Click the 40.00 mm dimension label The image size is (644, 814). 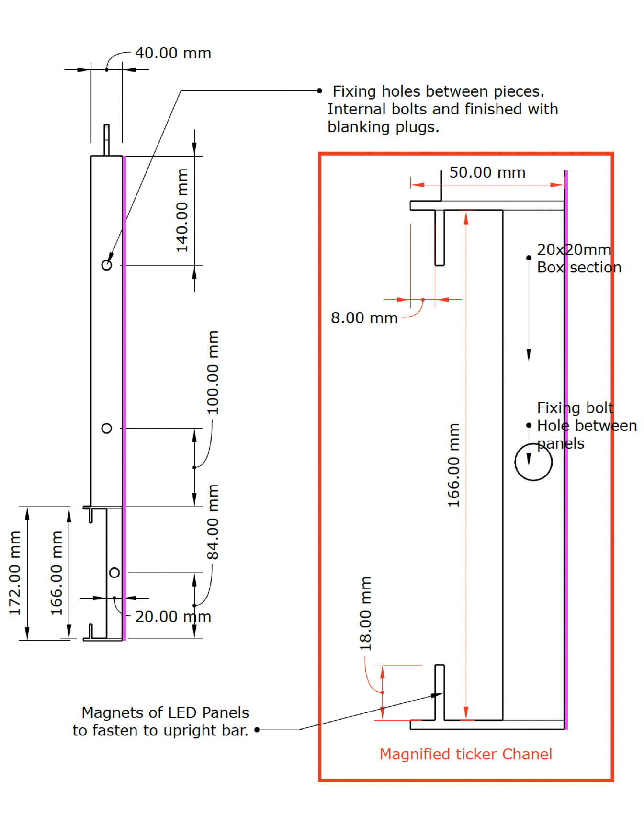coord(173,53)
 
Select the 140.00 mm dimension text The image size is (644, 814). coord(182,210)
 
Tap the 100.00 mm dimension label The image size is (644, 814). coord(213,372)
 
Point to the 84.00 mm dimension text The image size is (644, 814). coord(213,522)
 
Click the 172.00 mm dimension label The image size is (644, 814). coord(15,573)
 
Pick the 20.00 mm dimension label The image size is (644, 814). coord(173,617)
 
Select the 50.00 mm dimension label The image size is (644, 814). coord(487,172)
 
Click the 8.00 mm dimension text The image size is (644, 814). coord(364,318)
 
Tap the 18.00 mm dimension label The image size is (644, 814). coord(365,613)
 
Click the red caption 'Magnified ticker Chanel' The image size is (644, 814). coord(465,754)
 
